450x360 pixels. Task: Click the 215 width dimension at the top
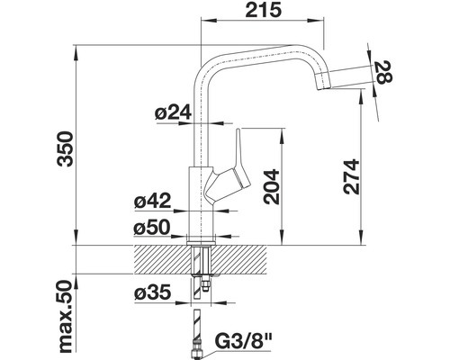pos(264,10)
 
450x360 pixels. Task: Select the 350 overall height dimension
pos(66,148)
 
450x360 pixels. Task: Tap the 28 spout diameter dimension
pos(383,72)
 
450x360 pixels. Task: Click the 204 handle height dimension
pos(271,187)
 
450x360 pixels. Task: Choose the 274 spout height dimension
pos(351,176)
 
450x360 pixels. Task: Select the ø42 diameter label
pos(153,201)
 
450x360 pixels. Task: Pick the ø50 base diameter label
pos(152,228)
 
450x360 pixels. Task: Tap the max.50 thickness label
pos(66,318)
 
